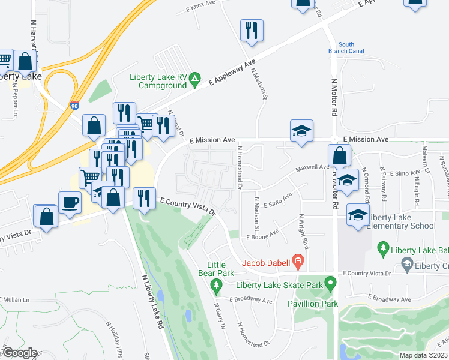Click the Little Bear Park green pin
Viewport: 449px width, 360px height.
click(217, 287)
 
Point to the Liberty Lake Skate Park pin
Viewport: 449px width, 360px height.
click(329, 281)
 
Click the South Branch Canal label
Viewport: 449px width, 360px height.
click(346, 48)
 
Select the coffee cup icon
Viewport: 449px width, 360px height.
click(70, 202)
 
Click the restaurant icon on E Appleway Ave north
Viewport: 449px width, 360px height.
click(250, 30)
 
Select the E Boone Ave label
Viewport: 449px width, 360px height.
click(263, 235)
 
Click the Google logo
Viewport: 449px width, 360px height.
click(19, 353)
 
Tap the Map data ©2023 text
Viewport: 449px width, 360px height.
click(423, 355)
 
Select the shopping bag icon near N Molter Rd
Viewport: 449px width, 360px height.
click(340, 155)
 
